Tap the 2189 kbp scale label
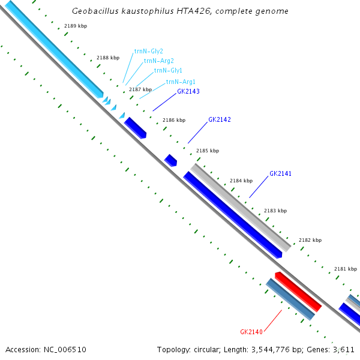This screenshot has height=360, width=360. click(76, 26)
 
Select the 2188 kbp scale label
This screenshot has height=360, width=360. click(108, 58)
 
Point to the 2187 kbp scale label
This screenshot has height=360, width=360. click(140, 89)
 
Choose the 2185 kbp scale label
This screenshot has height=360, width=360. click(208, 151)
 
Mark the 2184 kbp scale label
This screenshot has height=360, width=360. click(241, 181)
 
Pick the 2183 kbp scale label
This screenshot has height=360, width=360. click(275, 211)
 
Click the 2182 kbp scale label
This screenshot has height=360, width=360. click(310, 239)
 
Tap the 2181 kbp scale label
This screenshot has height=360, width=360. click(346, 269)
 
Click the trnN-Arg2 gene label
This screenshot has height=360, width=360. click(159, 61)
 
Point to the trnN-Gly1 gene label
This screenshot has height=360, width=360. click(168, 70)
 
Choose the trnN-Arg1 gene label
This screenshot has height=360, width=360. click(181, 82)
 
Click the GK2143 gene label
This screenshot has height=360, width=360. click(188, 92)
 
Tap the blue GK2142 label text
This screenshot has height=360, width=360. click(220, 119)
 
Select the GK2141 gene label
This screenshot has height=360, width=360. click(281, 173)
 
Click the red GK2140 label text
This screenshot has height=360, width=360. click(251, 332)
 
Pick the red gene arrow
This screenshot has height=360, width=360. click(298, 292)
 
